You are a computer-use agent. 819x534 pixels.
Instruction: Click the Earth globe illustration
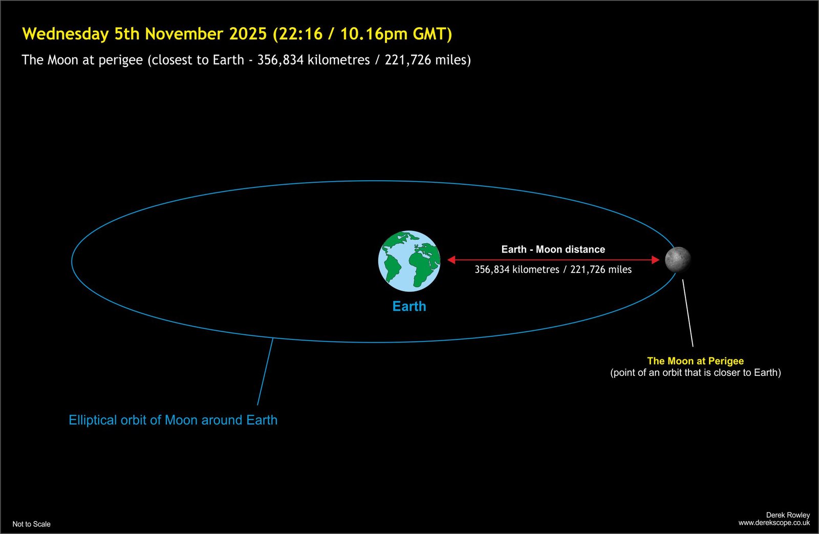click(409, 261)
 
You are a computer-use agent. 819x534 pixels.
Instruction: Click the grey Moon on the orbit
click(678, 260)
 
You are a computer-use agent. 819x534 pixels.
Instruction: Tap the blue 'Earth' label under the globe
click(409, 306)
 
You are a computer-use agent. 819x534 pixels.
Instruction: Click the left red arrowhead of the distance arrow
click(451, 260)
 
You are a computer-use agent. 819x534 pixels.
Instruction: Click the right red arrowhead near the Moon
click(656, 260)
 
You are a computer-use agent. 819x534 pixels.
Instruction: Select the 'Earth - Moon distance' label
click(553, 249)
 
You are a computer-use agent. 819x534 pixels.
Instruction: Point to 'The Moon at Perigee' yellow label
click(696, 361)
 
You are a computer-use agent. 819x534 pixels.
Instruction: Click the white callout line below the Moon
click(688, 313)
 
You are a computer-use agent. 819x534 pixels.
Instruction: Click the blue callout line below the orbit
click(265, 372)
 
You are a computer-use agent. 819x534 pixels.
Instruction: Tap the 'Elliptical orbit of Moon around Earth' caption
click(173, 420)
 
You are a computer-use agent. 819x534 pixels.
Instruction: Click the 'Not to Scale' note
click(31, 524)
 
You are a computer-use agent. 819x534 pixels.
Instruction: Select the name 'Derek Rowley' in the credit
click(788, 515)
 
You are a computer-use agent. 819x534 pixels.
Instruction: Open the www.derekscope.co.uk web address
click(774, 523)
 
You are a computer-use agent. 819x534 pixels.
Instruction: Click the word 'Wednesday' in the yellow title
click(66, 34)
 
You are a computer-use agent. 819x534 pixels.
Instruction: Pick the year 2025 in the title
click(248, 34)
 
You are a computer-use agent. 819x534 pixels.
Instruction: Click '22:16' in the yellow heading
click(300, 34)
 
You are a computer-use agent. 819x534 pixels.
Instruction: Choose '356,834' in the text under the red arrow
click(492, 270)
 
